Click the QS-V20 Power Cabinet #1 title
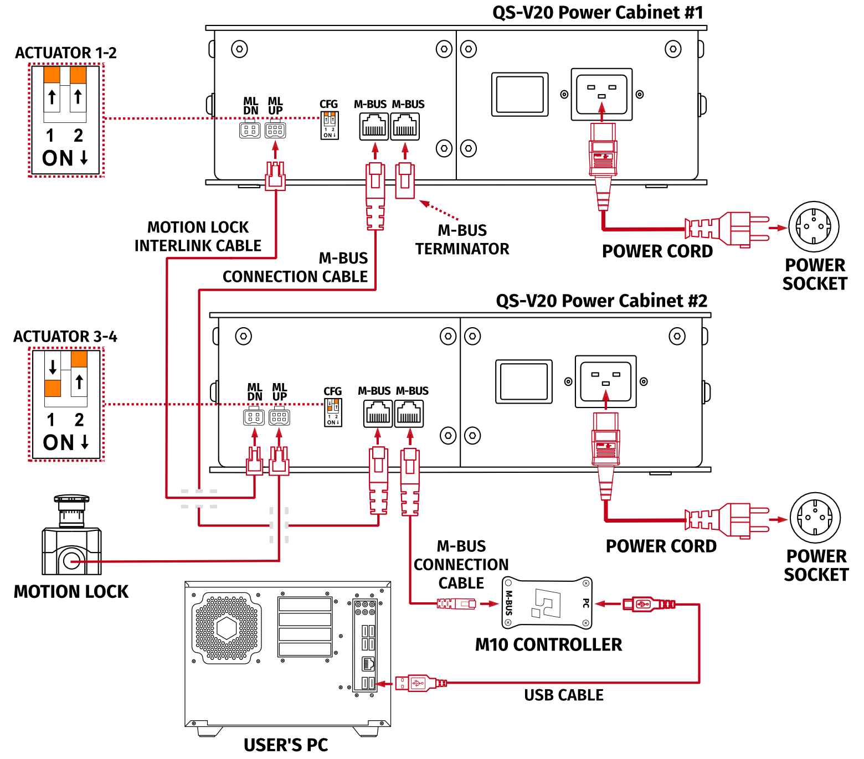598,12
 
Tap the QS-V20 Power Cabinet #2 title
601,301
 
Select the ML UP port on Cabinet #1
275,130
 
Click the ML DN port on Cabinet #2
254,417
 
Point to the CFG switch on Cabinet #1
330,126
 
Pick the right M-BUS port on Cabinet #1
405,127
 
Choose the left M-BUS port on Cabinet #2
378,414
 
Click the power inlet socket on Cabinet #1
601,94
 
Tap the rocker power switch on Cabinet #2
523,381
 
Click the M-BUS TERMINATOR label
462,240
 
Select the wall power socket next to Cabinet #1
814,226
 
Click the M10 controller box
547,603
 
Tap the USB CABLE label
563,695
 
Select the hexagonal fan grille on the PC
227,628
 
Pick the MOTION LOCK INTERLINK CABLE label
198,236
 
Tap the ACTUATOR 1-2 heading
66,53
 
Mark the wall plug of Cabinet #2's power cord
742,520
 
